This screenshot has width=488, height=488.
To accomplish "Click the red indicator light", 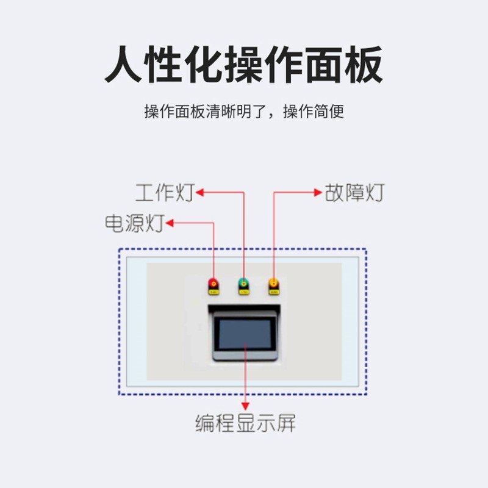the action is pyautogui.click(x=213, y=284).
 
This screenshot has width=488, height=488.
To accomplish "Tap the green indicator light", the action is pyautogui.click(x=243, y=284).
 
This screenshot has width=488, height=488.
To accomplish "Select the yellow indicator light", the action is pyautogui.click(x=273, y=284).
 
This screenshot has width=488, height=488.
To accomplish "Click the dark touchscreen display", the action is pyautogui.click(x=245, y=334).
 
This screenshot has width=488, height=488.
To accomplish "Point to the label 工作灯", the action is pyautogui.click(x=165, y=193).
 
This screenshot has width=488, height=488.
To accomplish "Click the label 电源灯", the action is pyautogui.click(x=135, y=223).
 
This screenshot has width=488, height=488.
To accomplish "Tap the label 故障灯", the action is pyautogui.click(x=355, y=193).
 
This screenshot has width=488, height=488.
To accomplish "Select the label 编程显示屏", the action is pyautogui.click(x=245, y=423).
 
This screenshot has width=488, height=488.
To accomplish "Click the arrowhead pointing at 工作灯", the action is pyautogui.click(x=199, y=192).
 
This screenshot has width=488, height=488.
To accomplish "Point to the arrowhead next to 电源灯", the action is pyautogui.click(x=170, y=223).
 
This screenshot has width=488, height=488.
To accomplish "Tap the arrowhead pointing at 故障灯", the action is pyautogui.click(x=318, y=192).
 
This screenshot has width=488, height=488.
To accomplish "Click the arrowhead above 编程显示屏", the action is pyautogui.click(x=245, y=406).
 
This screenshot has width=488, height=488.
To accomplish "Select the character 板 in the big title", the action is pyautogui.click(x=364, y=64).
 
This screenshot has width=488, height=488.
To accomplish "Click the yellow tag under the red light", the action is pyautogui.click(x=213, y=292).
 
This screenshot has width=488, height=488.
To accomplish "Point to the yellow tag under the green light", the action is pyautogui.click(x=243, y=292).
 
